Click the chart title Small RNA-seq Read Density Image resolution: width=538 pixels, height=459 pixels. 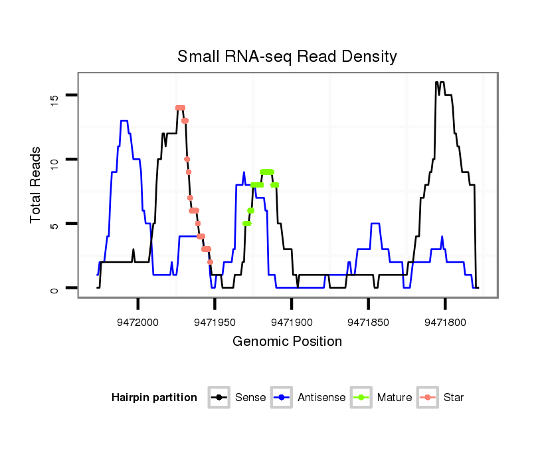click(x=287, y=57)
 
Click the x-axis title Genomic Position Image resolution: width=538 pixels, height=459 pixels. click(x=287, y=342)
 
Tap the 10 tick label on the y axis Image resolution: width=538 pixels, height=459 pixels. click(x=54, y=160)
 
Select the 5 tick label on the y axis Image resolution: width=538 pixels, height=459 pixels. click(x=54, y=224)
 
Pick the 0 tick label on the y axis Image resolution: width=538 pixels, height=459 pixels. click(x=54, y=288)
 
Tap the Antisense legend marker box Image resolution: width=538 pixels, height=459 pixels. click(x=282, y=398)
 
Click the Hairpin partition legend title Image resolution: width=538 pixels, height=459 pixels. click(x=154, y=398)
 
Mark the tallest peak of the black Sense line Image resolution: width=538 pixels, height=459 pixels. click(x=440, y=82)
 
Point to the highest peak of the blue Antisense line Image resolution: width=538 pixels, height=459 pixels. click(x=124, y=121)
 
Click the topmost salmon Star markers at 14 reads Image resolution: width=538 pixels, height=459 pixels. click(x=180, y=108)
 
